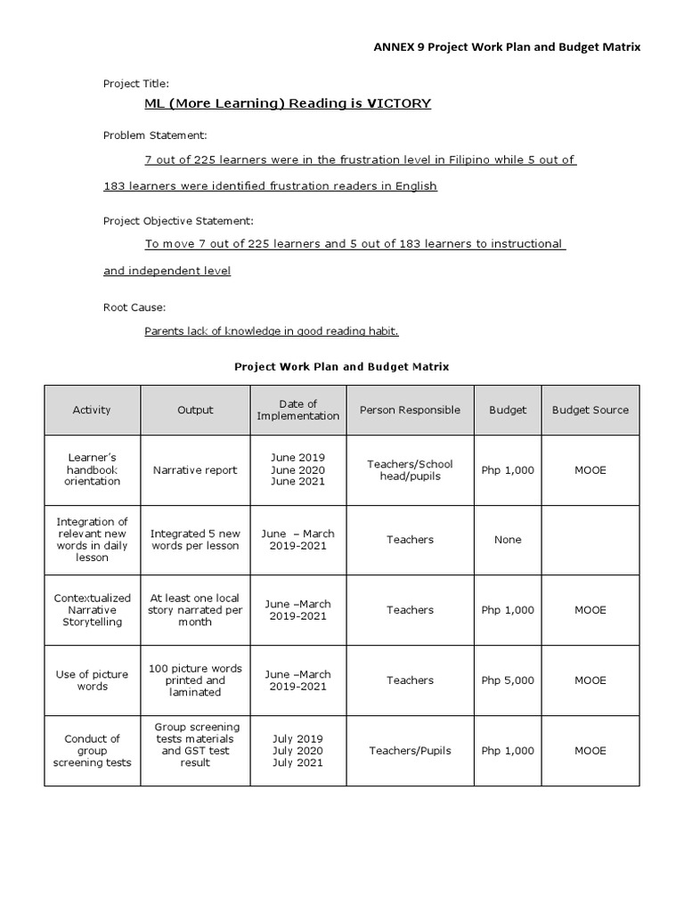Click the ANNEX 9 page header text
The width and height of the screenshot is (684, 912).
pos(506,47)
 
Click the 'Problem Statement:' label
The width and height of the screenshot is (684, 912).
pos(155,134)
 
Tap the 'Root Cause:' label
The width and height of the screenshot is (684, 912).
pos(134,306)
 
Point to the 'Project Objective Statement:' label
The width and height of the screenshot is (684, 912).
pos(178,220)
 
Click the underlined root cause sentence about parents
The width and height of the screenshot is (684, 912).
pos(272,331)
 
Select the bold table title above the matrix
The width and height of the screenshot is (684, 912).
pos(341,366)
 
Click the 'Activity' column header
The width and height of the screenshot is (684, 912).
pos(92,410)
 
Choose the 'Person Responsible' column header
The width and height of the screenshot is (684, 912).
pos(410,410)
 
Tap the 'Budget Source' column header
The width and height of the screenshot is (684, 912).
pos(590,410)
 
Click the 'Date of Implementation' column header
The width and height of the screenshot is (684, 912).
pos(297,410)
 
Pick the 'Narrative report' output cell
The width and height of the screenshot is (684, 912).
pos(195,469)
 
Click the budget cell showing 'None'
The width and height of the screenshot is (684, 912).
pos(508,540)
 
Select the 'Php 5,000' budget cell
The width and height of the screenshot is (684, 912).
pos(508,680)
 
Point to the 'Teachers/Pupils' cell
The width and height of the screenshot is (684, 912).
pos(410,751)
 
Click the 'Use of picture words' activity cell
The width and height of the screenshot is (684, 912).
pos(92,680)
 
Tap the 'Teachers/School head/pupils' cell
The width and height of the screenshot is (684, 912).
pos(410,469)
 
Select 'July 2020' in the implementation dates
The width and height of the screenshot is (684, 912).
pos(297,751)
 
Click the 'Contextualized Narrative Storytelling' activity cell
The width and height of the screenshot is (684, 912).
pos(92,610)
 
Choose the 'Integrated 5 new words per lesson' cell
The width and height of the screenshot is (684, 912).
pos(195,540)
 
